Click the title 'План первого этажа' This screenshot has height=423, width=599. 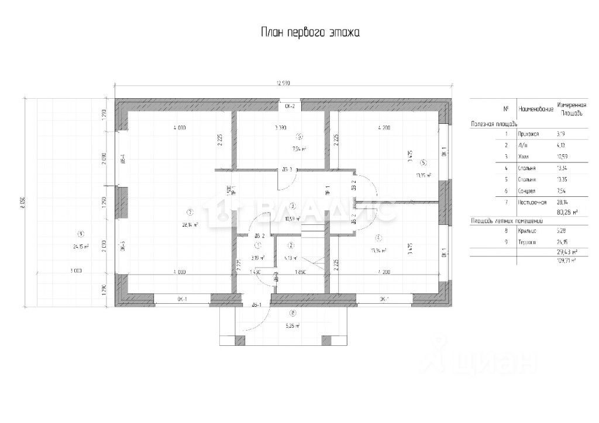(310, 32)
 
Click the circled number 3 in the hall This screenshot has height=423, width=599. (291, 206)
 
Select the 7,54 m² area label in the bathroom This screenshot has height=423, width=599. (299, 149)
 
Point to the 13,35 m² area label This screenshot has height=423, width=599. (424, 175)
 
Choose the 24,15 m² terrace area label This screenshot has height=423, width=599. (81, 247)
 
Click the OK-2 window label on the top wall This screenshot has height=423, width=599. (290, 107)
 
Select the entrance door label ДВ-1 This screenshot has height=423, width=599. (256, 304)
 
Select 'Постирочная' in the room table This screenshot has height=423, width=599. (532, 202)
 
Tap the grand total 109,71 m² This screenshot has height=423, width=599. (566, 261)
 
